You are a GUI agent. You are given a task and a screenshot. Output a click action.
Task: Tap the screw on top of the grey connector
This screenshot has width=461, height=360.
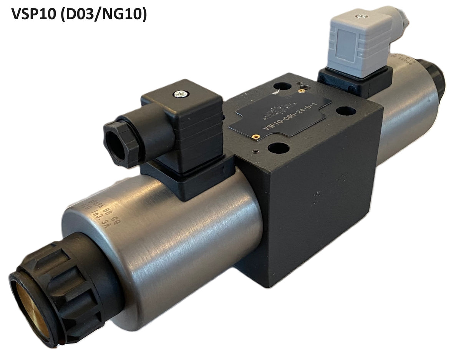click(360, 17)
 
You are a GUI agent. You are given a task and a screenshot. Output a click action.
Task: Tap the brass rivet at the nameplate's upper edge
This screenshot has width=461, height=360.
click(303, 91)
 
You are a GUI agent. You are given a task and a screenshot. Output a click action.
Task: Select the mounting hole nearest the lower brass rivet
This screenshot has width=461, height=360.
click(279, 148)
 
